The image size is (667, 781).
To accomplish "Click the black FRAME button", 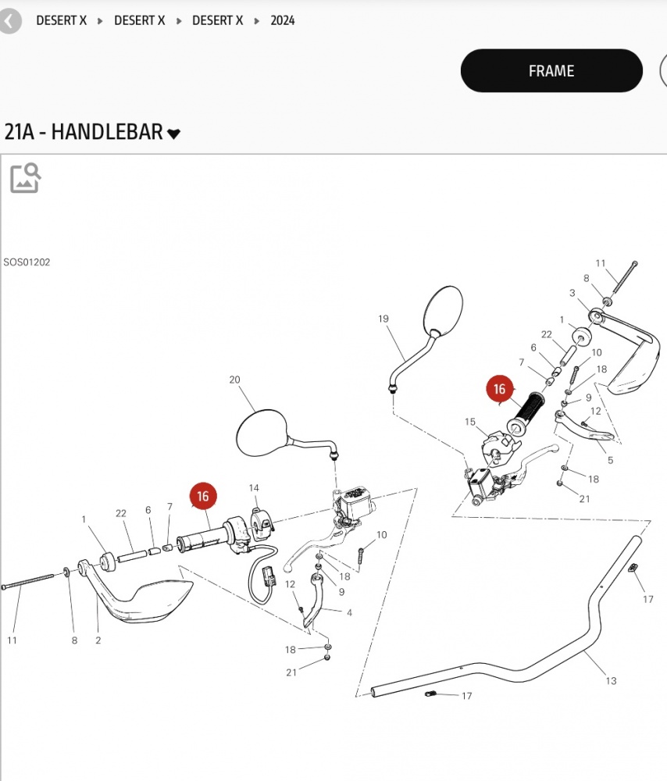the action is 551,71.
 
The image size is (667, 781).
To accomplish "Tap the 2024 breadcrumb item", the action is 283,20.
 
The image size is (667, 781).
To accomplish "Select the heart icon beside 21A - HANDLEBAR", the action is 173,134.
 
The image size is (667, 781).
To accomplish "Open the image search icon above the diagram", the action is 25,177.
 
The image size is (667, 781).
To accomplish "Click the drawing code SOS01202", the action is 27,262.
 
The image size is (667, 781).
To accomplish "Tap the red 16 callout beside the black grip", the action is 500,389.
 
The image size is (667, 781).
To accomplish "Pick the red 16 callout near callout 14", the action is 203,496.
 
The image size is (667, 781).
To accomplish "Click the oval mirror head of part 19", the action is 443,309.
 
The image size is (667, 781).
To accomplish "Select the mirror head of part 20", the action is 262,433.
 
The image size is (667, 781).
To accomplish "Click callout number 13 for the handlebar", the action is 612,681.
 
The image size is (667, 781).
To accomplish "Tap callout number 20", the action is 234,380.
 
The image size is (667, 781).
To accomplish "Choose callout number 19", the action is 383,319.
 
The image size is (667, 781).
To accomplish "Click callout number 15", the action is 470,422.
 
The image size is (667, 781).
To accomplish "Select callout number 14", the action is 254,488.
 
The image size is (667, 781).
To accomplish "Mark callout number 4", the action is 350,612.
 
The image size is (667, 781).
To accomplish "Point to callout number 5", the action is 610,460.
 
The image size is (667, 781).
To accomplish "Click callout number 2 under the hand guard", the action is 98,640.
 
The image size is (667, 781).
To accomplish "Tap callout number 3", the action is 572,293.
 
